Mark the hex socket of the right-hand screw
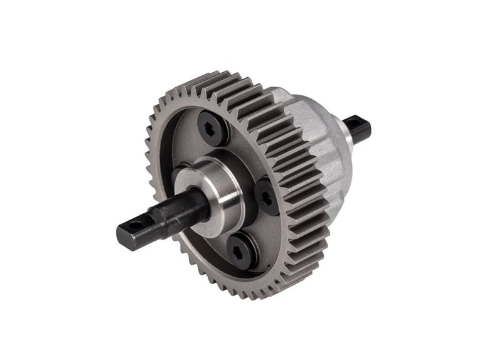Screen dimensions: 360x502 (265, 197)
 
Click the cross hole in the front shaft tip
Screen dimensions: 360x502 (133, 224)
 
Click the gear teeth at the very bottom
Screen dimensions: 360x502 (251, 295)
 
